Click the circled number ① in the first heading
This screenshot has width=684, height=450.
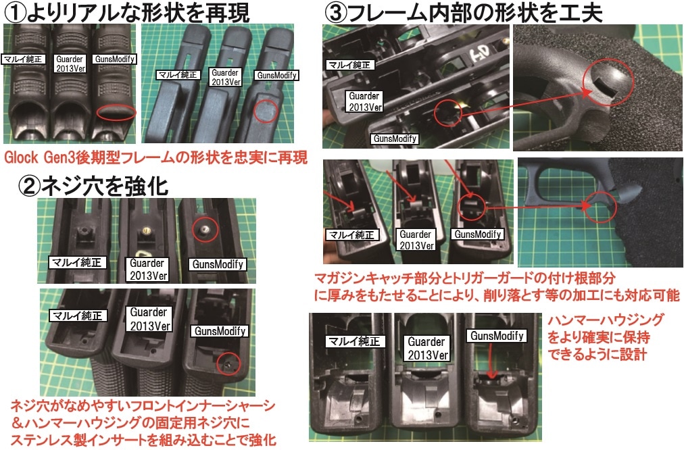click(x=14, y=11)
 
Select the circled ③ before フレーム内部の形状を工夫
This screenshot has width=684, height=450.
click(x=337, y=11)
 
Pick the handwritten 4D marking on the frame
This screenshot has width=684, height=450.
click(x=478, y=48)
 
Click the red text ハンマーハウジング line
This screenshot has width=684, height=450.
click(x=606, y=320)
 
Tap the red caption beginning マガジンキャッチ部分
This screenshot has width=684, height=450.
click(x=466, y=278)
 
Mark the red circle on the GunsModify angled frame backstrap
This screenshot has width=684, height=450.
click(x=267, y=110)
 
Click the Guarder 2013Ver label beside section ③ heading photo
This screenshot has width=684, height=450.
click(x=364, y=101)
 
